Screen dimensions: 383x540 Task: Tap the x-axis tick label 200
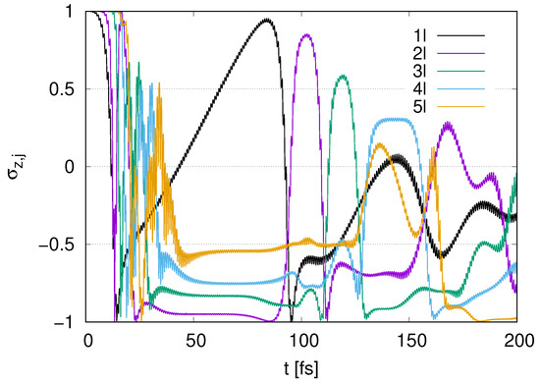click(516, 340)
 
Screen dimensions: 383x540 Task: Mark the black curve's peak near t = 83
click(266, 19)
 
